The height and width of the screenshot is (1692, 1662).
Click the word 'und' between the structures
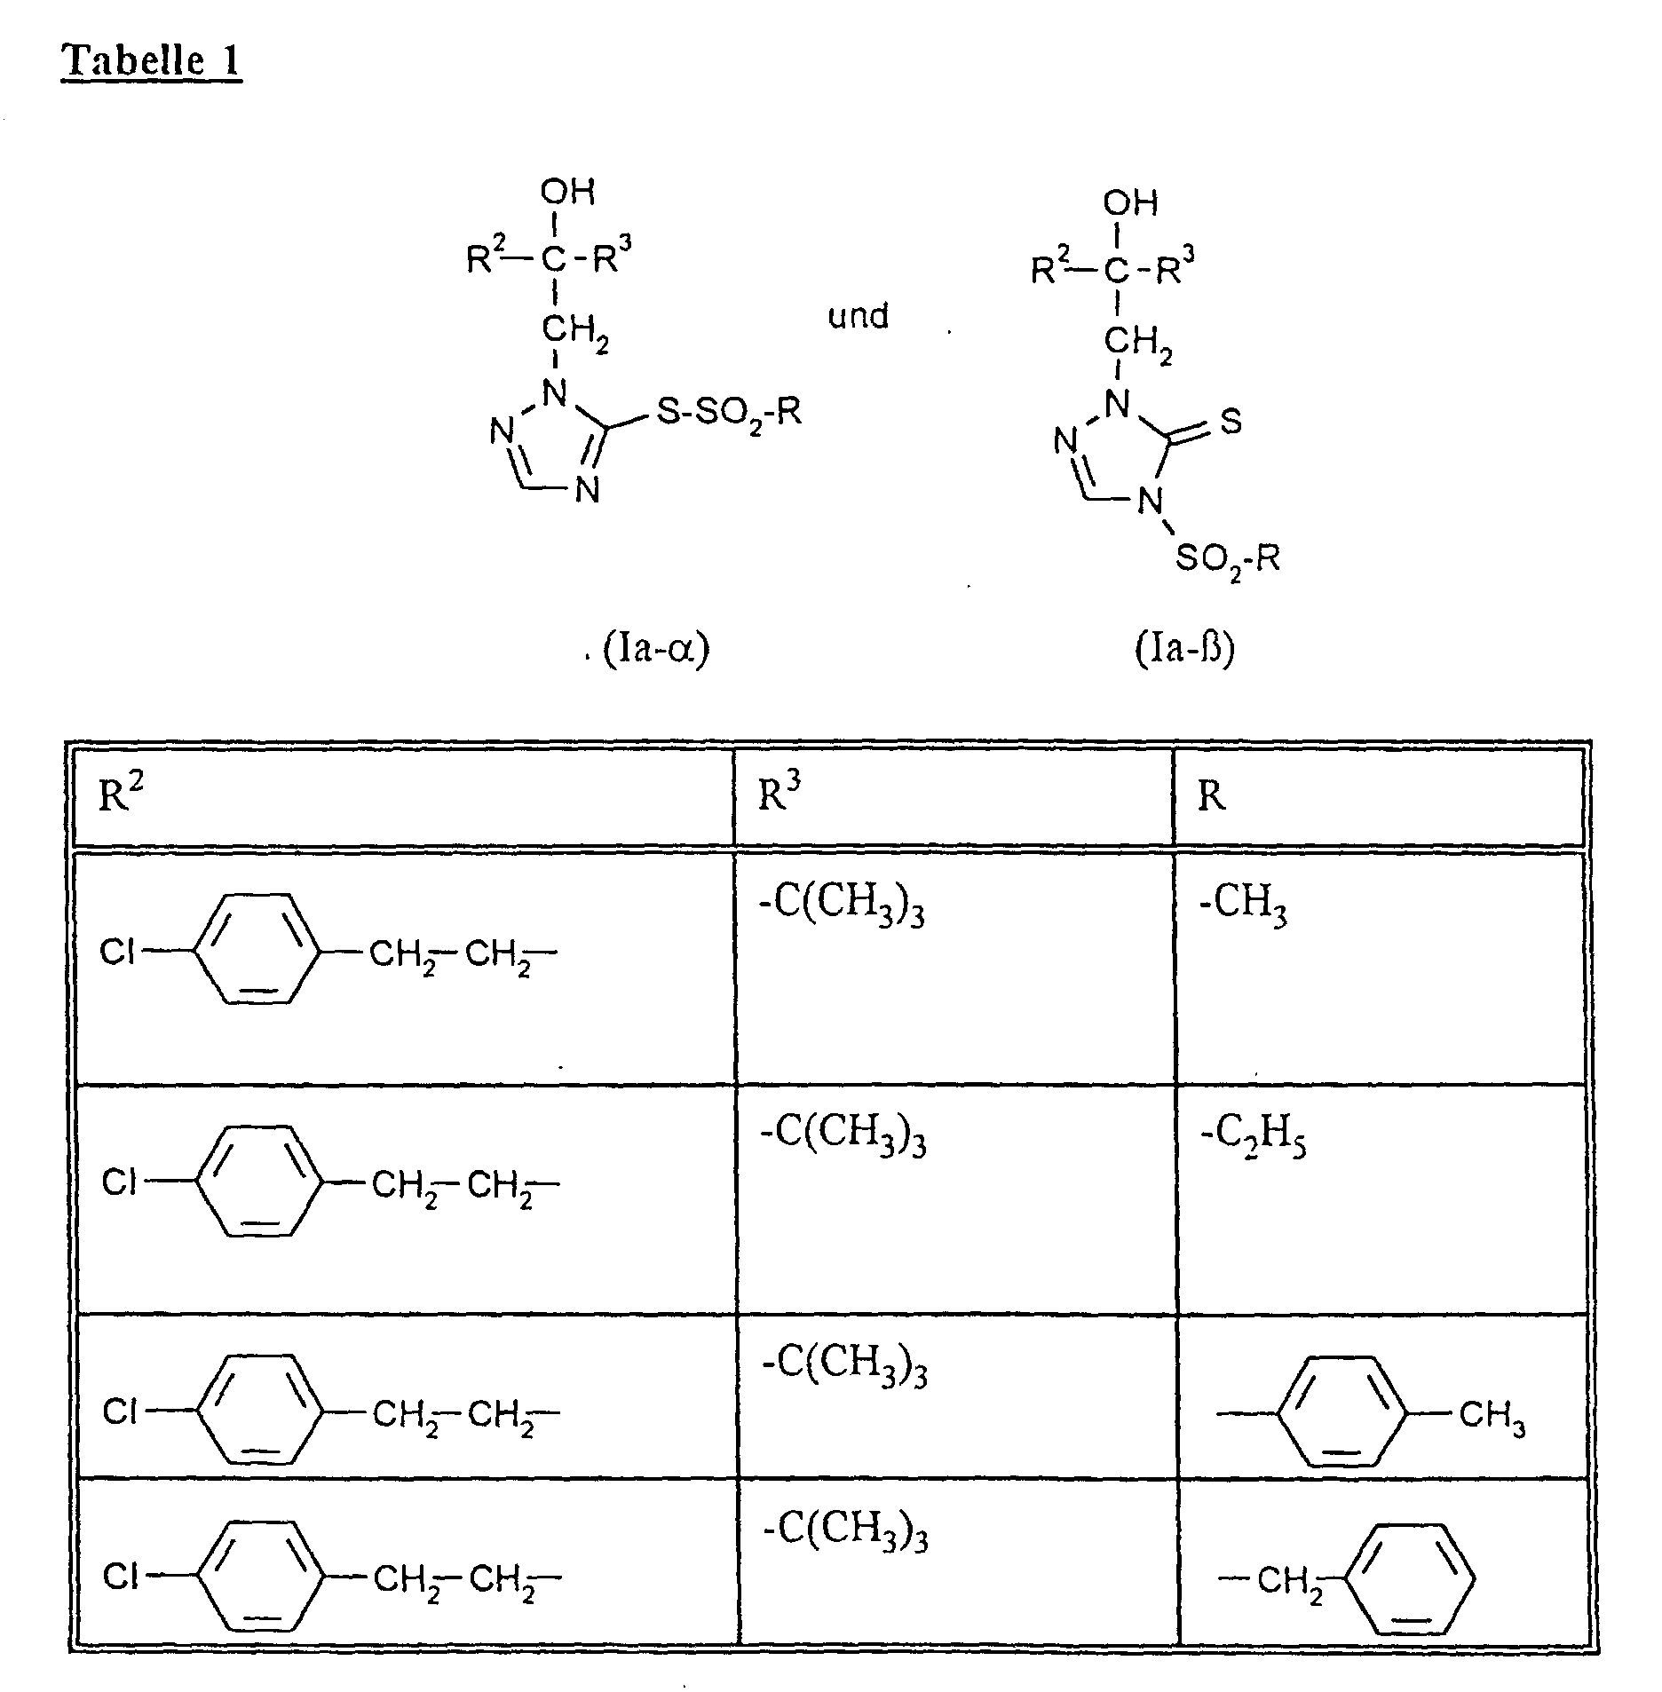(858, 316)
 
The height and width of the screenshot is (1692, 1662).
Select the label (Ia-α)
(656, 650)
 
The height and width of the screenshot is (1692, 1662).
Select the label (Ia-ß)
(1184, 650)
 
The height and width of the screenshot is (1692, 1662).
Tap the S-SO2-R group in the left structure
(728, 411)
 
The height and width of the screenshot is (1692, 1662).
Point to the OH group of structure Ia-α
(567, 192)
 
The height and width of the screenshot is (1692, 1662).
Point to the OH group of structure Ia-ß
(1130, 202)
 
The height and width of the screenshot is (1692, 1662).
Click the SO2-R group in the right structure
(1228, 559)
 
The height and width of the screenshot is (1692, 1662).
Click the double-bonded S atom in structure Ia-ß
(1231, 423)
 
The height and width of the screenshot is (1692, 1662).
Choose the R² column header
(121, 795)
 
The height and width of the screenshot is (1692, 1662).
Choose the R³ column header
(780, 795)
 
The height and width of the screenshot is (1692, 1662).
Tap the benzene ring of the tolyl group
(1342, 1411)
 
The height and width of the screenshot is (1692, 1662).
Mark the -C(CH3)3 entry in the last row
(845, 1531)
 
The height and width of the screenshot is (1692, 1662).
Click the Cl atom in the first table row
(117, 952)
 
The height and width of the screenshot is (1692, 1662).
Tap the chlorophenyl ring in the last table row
(257, 1577)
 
